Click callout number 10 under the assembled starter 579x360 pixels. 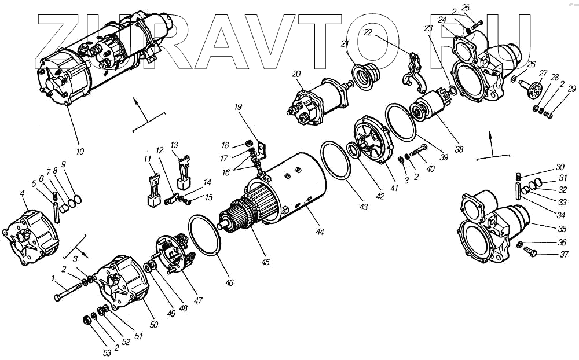click(80, 152)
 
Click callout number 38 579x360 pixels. click(459, 149)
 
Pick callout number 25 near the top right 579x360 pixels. click(466, 8)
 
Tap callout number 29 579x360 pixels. click(572, 89)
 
